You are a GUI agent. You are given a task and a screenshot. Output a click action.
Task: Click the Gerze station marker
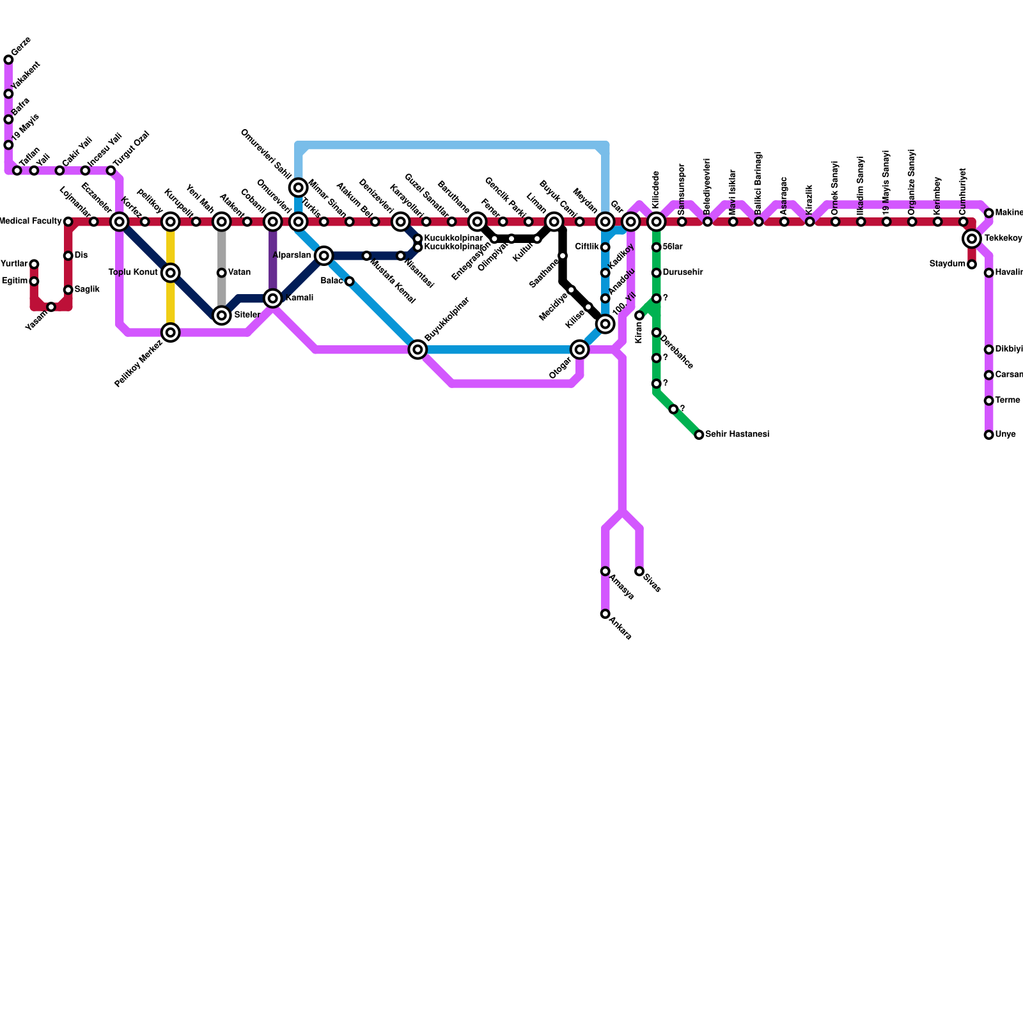(8, 60)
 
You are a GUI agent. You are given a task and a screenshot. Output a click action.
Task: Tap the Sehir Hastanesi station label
(737, 435)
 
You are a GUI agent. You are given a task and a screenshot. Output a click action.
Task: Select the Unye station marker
(988, 435)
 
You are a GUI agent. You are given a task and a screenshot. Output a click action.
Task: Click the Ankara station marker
(605, 614)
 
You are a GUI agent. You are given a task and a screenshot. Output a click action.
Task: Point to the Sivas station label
(652, 583)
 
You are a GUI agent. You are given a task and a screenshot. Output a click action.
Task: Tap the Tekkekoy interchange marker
(972, 239)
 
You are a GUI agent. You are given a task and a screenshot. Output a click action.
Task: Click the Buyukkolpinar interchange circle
(418, 349)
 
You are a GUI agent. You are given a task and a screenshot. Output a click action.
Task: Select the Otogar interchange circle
(580, 349)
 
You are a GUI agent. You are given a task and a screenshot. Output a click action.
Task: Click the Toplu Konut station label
(133, 272)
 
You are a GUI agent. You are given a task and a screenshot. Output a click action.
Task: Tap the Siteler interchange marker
(222, 315)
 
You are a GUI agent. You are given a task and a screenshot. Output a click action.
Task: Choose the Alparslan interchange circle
(324, 256)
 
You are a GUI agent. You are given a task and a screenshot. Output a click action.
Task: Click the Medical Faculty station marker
(68, 222)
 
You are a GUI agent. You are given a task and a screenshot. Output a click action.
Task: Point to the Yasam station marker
(51, 308)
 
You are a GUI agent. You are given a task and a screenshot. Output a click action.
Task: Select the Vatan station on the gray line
(221, 273)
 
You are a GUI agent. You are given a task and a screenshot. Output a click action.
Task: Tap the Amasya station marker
(605, 572)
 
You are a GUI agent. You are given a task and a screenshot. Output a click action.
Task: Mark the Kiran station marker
(639, 316)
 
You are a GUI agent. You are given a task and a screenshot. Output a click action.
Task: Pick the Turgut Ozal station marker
(111, 171)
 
